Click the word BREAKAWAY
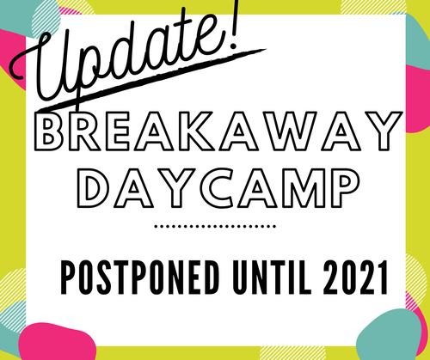pyautogui.click(x=218, y=131)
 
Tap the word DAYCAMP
pyautogui.click(x=218, y=188)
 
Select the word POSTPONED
pyautogui.click(x=140, y=278)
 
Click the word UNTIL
pyautogui.click(x=272, y=278)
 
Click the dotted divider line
pyautogui.click(x=215, y=226)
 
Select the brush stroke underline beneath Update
pyautogui.click(x=152, y=79)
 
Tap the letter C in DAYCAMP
pyautogui.click(x=218, y=188)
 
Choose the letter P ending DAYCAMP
pyautogui.click(x=343, y=188)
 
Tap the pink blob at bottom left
pyautogui.click(x=58, y=341)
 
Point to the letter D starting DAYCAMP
pyautogui.click(x=92, y=188)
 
